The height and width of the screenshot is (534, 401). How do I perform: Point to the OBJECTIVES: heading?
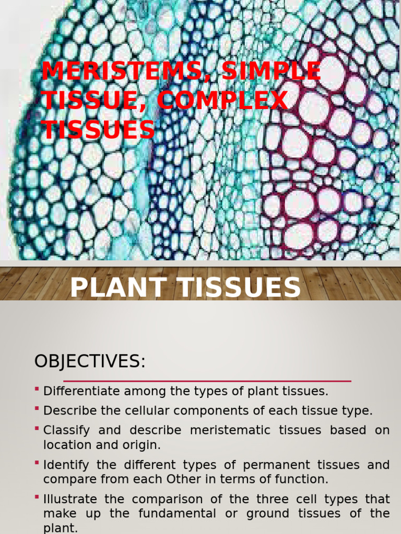pyautogui.click(x=89, y=361)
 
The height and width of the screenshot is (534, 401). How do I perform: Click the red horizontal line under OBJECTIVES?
pyautogui.click(x=207, y=381)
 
